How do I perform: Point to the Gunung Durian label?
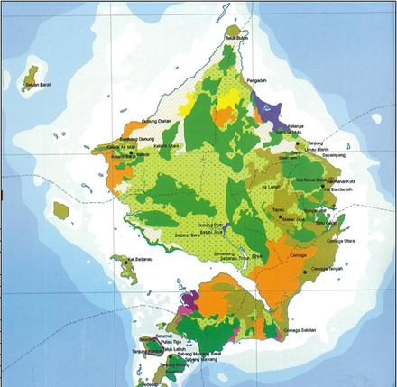pyautogui.click(x=158, y=121)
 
